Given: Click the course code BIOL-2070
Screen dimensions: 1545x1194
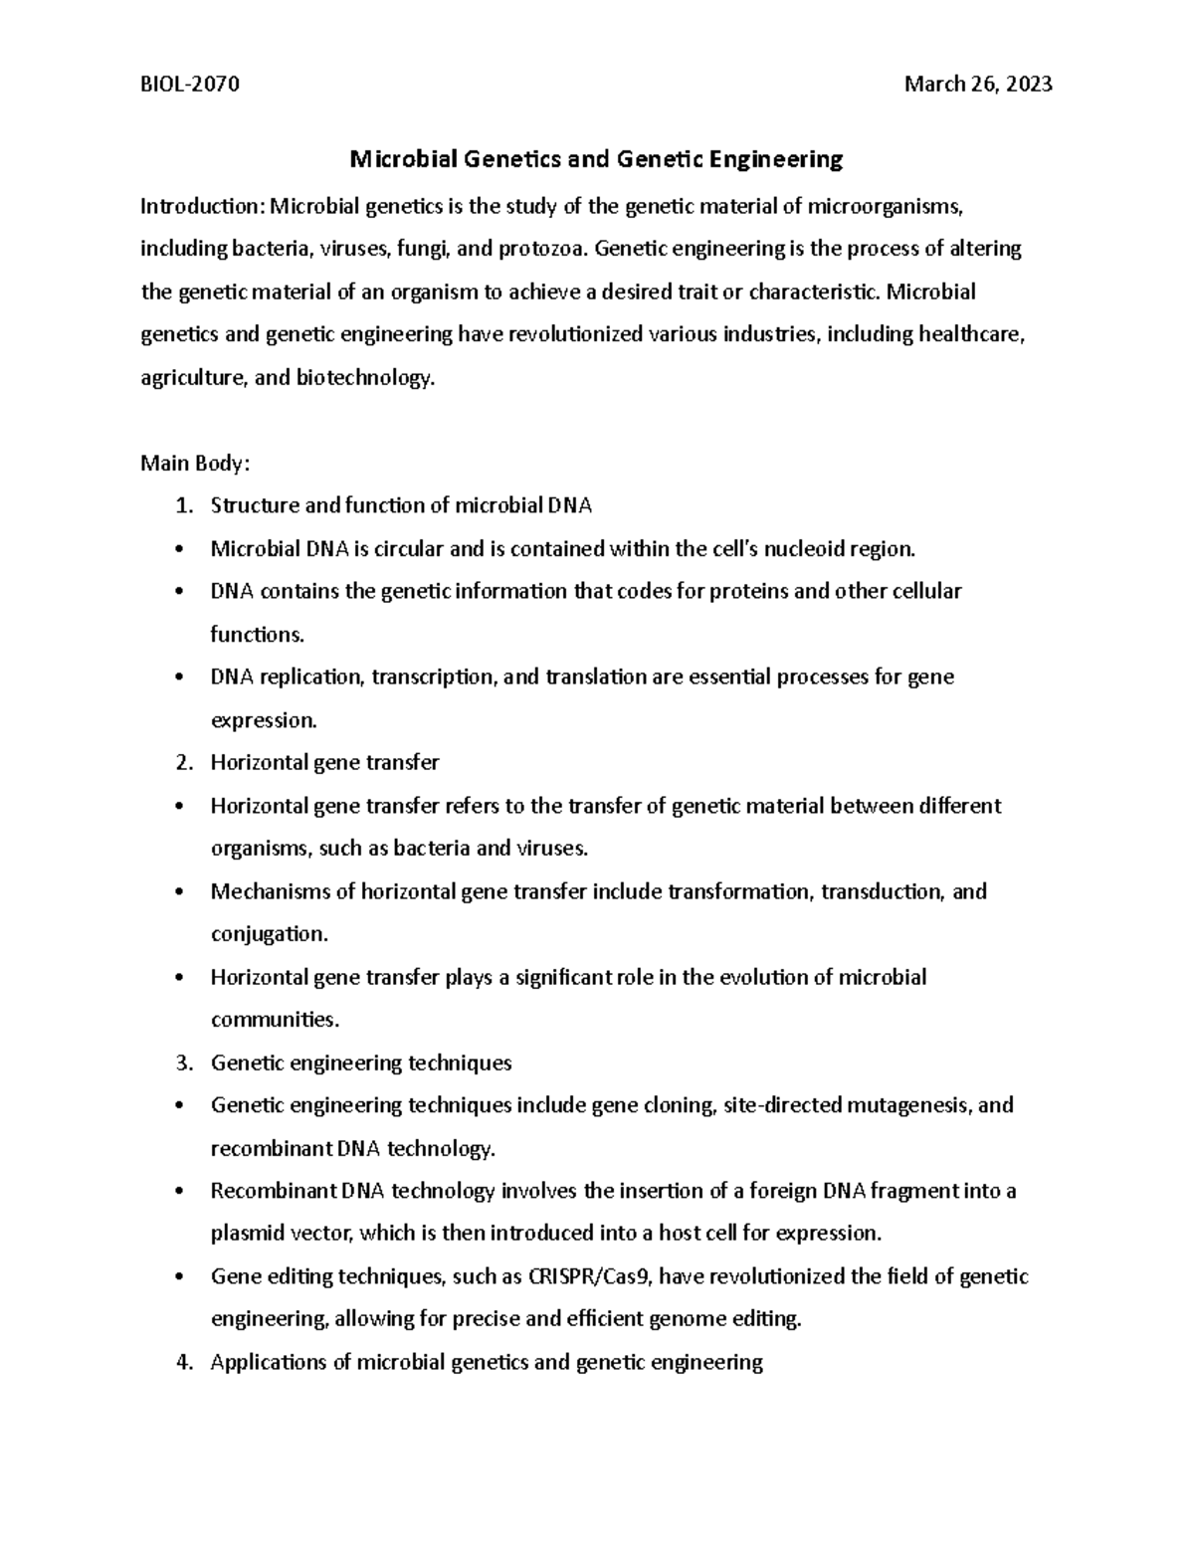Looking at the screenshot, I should coord(190,85).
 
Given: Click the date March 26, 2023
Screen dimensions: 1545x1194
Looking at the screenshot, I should coord(978,85).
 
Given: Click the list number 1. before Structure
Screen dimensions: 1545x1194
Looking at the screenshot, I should coord(183,506).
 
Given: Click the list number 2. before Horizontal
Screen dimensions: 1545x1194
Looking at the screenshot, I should coord(183,763).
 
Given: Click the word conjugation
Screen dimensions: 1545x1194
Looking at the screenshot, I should coord(268,934).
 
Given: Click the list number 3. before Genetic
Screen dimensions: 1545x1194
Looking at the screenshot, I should coord(183,1062).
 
